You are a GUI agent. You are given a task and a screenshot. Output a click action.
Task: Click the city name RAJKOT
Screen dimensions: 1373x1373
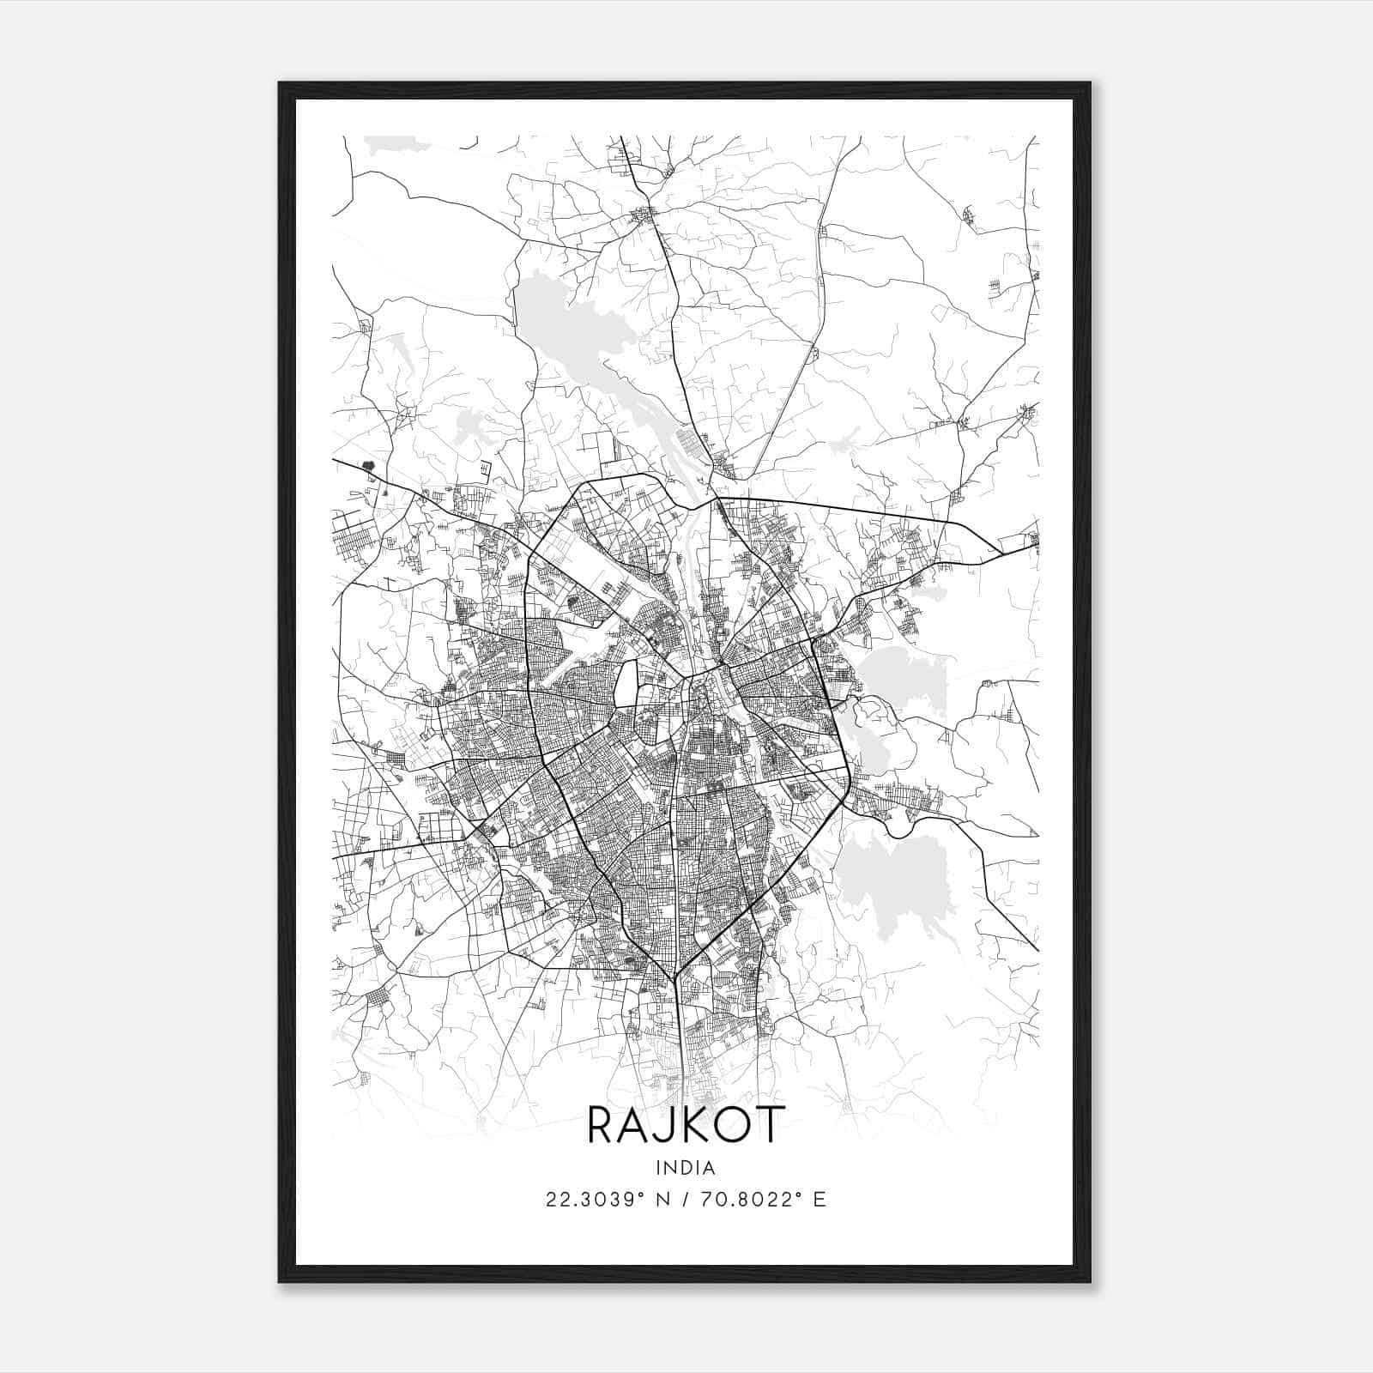click(686, 1125)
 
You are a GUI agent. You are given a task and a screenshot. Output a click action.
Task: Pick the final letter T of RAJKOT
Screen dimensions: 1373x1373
click(771, 1125)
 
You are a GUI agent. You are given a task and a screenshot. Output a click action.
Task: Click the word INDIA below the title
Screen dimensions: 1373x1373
click(686, 1167)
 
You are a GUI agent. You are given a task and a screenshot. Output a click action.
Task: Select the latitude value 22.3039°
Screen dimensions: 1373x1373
click(594, 1200)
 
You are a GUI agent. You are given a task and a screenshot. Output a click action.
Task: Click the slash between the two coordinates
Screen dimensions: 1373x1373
click(685, 1200)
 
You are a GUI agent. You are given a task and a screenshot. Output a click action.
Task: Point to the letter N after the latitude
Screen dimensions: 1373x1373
click(660, 1200)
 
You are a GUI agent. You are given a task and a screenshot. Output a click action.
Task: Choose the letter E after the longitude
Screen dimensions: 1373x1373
click(820, 1200)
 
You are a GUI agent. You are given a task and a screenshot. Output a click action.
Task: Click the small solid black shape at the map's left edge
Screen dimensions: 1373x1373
click(369, 467)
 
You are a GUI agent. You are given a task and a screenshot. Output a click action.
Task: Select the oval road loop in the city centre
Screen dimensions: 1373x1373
click(626, 683)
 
